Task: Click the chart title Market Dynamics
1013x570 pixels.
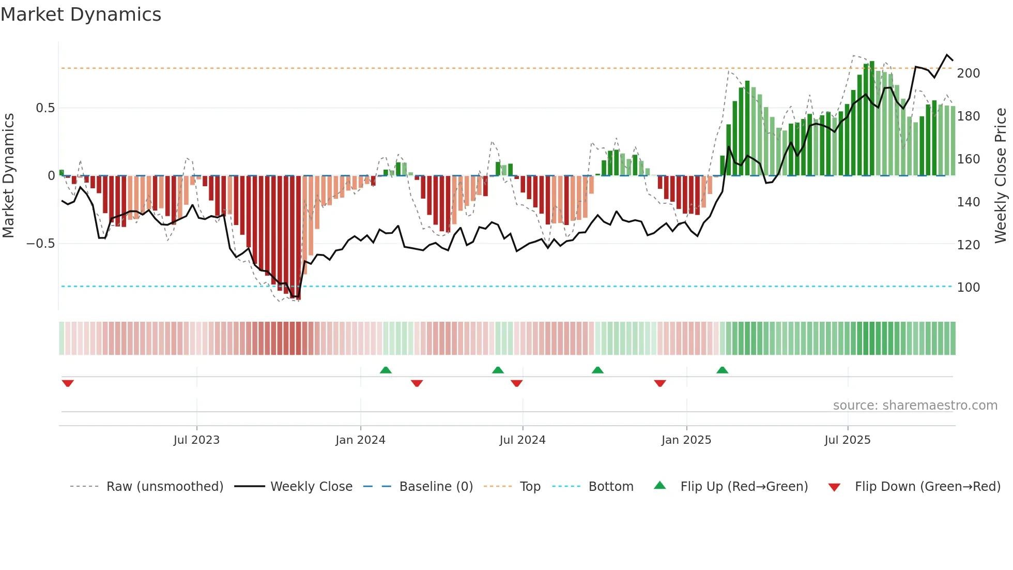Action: [x=81, y=14]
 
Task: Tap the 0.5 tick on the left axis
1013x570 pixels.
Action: [x=45, y=108]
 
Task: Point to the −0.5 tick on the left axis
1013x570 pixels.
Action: [x=41, y=244]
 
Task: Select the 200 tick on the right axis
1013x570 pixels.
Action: [x=968, y=73]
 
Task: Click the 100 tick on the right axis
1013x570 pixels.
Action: [x=968, y=288]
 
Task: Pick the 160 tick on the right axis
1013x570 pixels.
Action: [x=968, y=159]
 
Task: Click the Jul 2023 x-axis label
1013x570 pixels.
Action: [x=196, y=440]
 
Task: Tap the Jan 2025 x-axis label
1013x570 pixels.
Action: [x=686, y=440]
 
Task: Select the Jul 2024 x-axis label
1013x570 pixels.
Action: [x=522, y=440]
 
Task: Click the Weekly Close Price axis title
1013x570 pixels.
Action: [x=1001, y=176]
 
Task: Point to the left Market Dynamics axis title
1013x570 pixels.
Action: [x=8, y=176]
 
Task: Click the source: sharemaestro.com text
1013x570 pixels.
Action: [x=915, y=406]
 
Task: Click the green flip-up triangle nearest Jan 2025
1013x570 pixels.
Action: [x=722, y=370]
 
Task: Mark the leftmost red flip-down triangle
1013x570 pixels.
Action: [x=68, y=383]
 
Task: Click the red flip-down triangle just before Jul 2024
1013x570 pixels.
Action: [x=516, y=383]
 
